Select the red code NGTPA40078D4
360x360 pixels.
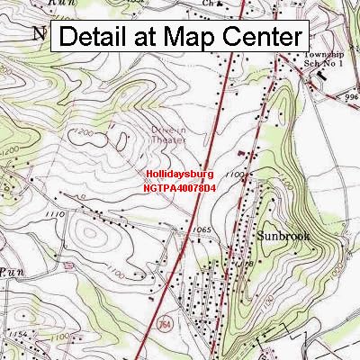(181, 189)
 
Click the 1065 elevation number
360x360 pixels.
(202, 231)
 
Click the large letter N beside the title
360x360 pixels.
(40, 33)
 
